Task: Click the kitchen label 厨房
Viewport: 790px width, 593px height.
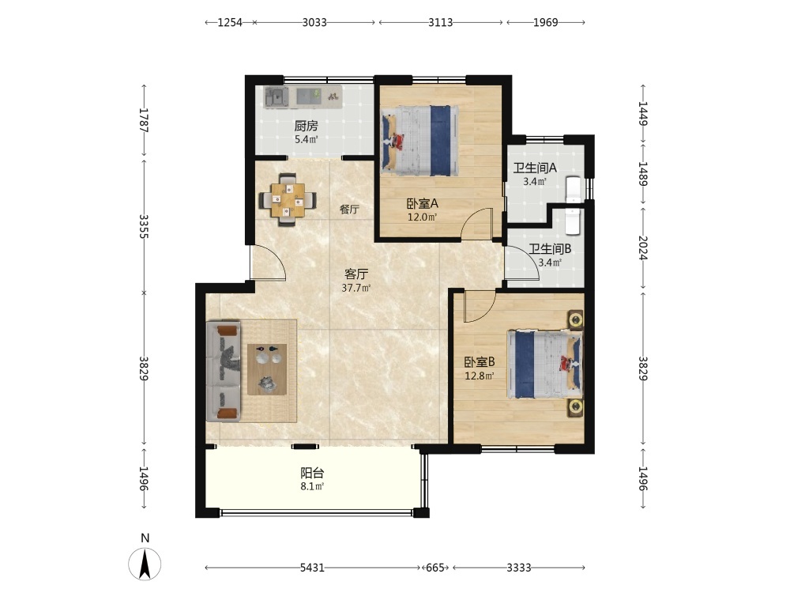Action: click(306, 126)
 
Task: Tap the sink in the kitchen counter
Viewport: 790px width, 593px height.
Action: click(276, 96)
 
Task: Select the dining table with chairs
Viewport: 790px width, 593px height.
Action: click(288, 200)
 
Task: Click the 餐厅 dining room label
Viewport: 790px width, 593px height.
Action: click(349, 210)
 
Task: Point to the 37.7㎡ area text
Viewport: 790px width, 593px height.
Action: click(356, 289)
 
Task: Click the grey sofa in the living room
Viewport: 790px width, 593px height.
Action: click(224, 371)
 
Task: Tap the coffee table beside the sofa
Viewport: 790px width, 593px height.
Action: click(267, 369)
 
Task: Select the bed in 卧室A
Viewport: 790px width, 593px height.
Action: click(419, 140)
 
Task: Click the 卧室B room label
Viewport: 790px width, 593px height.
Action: click(480, 361)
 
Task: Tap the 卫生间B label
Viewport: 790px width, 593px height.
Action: click(550, 248)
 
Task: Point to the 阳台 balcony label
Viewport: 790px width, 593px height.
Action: click(312, 473)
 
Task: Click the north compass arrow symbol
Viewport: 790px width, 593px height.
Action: click(145, 564)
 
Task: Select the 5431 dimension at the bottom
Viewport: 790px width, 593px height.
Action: click(312, 568)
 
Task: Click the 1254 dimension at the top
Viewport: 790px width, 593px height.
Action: click(230, 22)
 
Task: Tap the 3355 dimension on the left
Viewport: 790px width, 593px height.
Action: click(144, 226)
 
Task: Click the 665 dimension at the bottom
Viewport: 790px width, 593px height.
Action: click(435, 568)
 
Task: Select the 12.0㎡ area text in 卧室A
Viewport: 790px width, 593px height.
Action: click(422, 217)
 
